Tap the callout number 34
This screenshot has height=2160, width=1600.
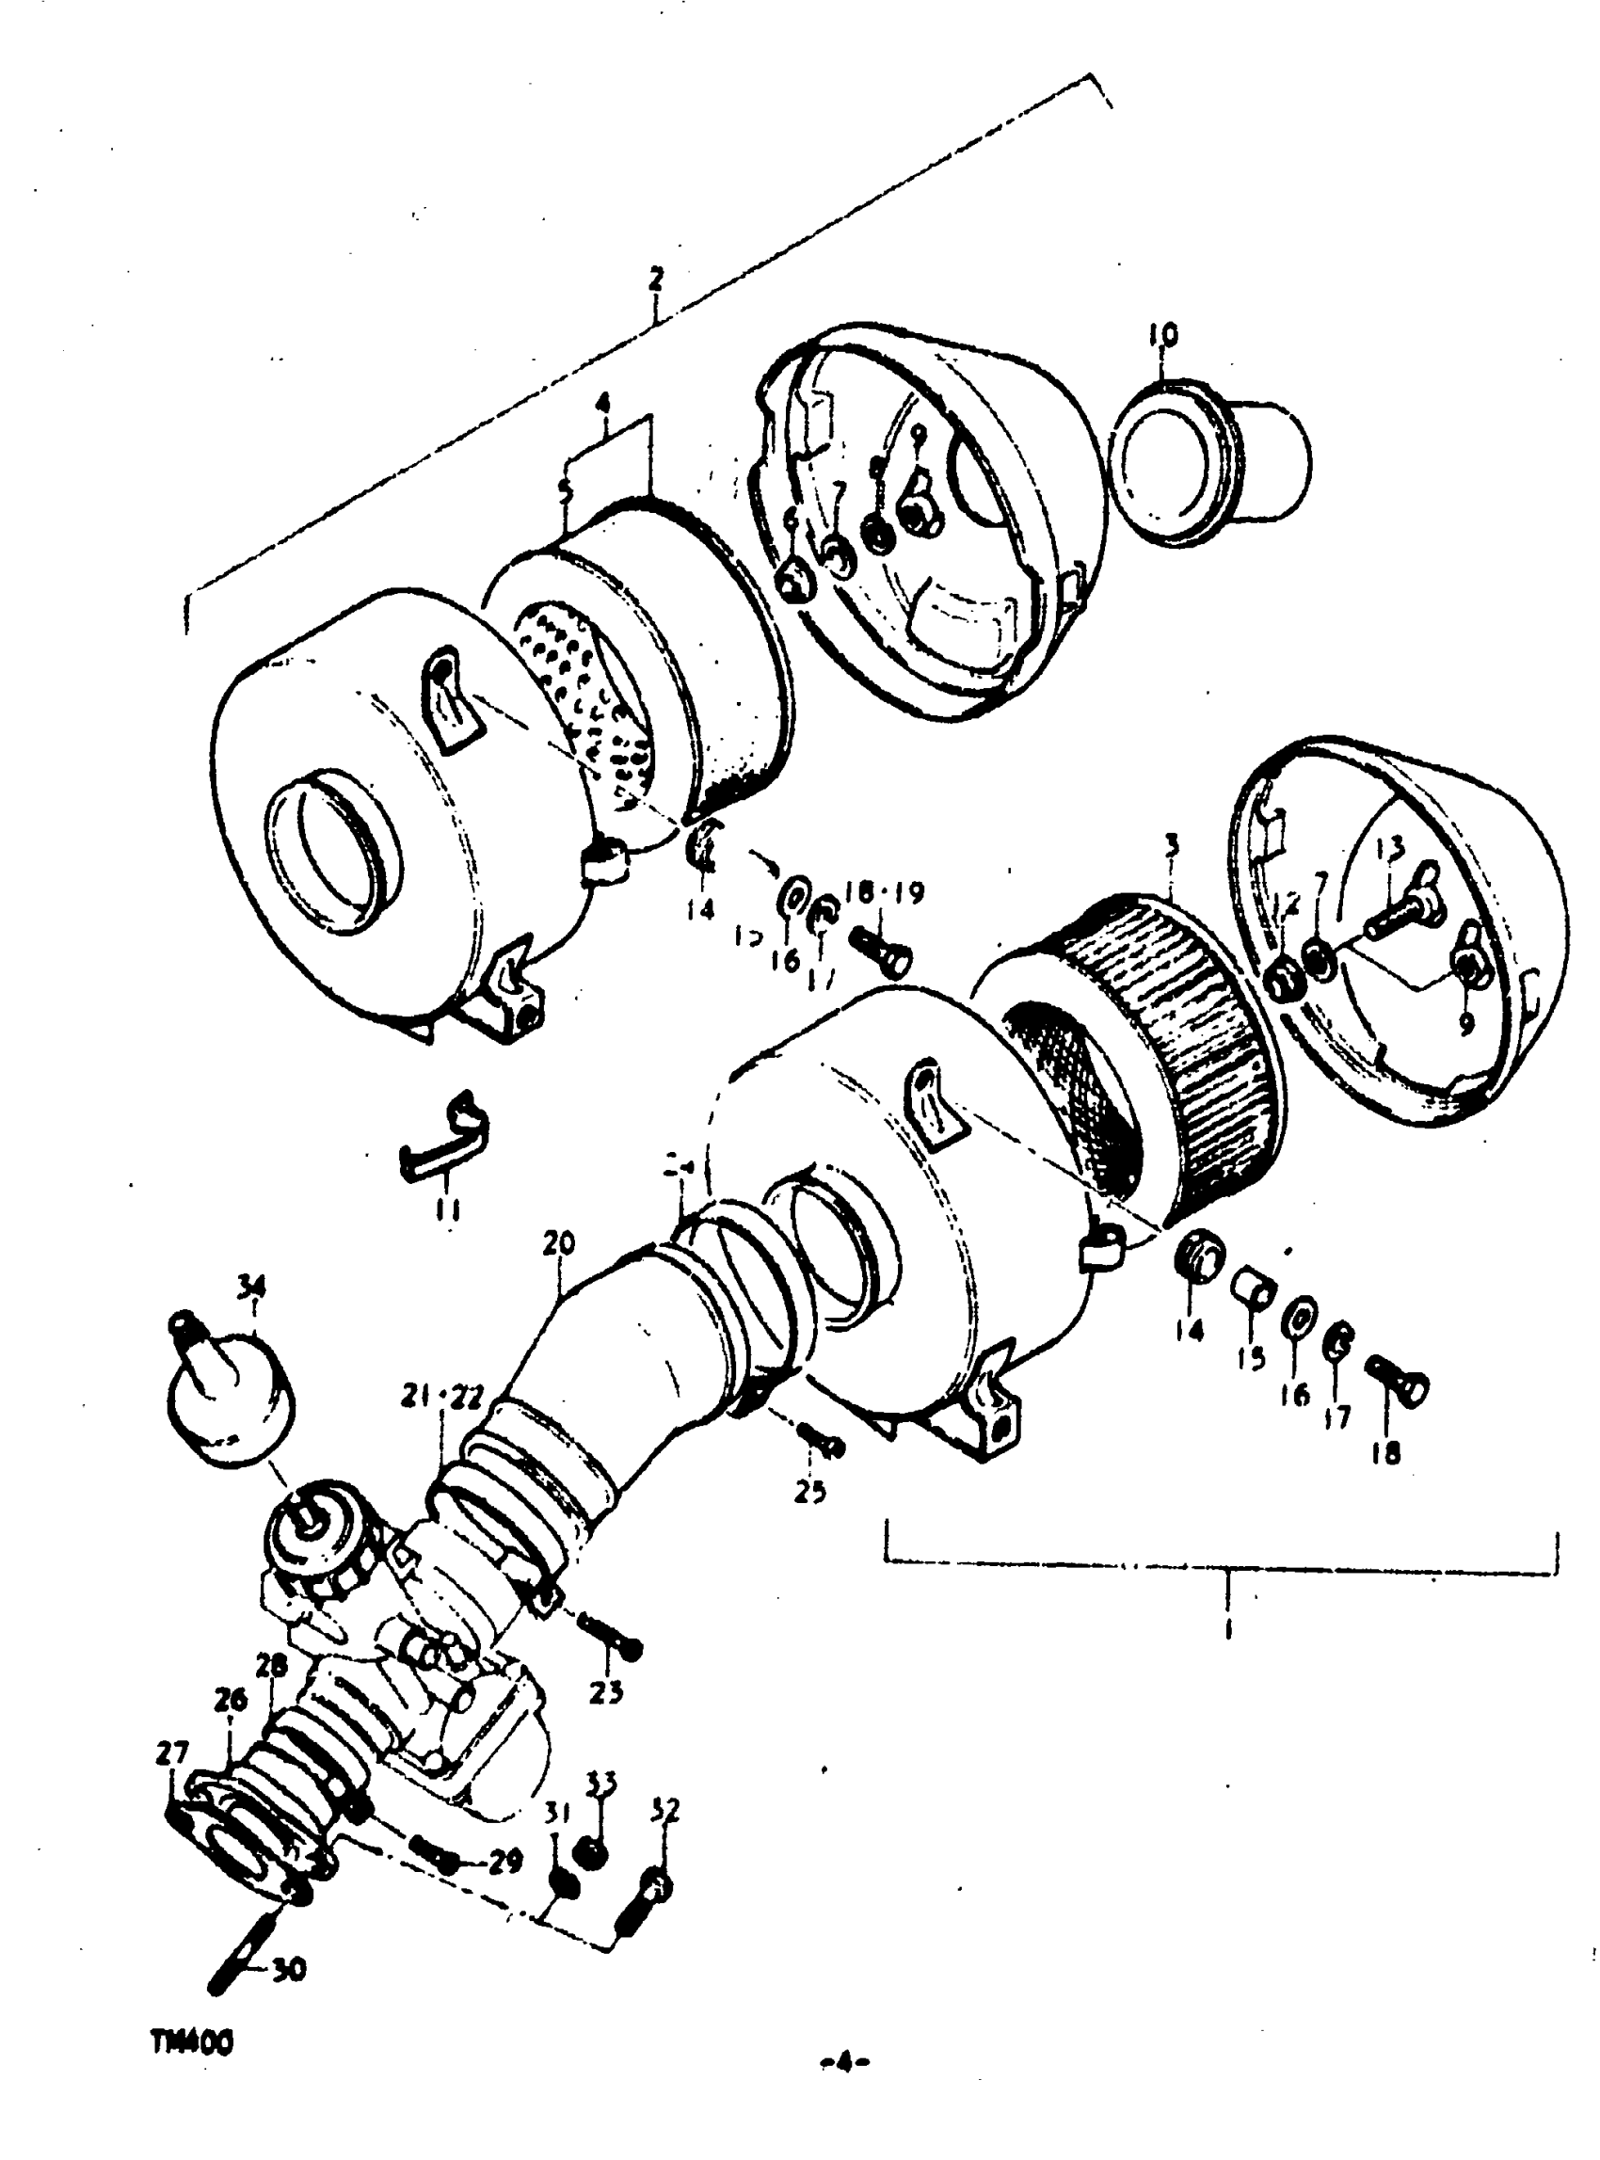pos(251,1287)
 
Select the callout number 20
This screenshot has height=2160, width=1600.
pos(560,1241)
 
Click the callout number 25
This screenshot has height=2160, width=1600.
pos(809,1493)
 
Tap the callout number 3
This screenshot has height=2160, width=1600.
pos(1172,844)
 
